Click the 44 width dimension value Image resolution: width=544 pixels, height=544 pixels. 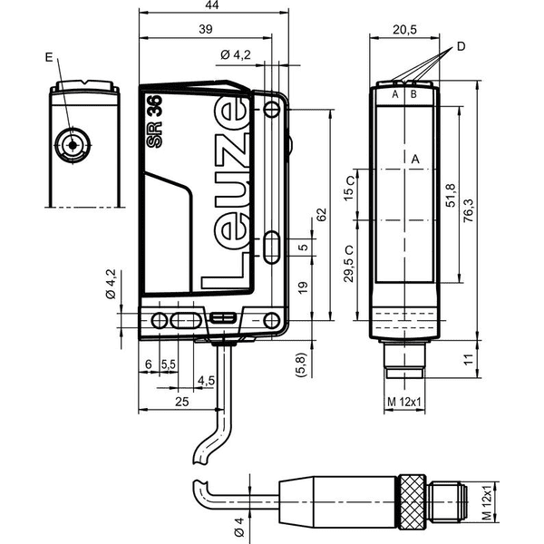(x=212, y=5)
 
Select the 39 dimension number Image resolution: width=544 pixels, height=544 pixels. (x=206, y=29)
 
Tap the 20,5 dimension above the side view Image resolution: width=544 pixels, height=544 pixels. (x=404, y=30)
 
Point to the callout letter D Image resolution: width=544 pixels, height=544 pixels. (x=461, y=46)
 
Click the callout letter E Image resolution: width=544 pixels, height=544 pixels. (x=49, y=57)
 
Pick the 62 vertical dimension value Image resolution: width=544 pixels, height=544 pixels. (x=322, y=215)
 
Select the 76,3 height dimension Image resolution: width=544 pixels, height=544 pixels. (x=469, y=211)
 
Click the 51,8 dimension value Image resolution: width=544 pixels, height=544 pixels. (x=451, y=196)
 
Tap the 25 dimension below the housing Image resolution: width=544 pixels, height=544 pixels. (x=182, y=402)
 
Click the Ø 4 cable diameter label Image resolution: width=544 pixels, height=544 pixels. (x=239, y=527)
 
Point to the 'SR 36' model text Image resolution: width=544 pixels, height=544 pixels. (x=154, y=121)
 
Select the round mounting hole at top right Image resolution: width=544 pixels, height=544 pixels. (x=272, y=110)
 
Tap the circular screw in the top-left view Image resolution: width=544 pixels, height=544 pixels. (x=73, y=145)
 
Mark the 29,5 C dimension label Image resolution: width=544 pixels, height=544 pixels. (x=349, y=264)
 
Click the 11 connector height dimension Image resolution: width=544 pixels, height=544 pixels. (x=469, y=359)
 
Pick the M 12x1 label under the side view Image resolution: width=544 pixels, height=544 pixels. (x=404, y=402)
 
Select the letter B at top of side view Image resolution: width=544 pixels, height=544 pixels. (x=413, y=94)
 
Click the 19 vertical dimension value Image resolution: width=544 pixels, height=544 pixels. (x=303, y=287)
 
